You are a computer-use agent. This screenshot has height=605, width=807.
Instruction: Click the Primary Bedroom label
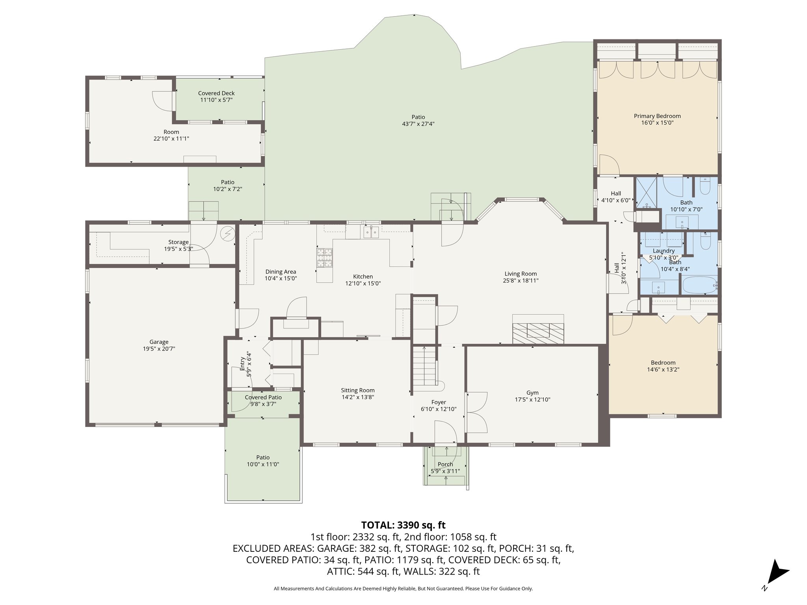pos(657,116)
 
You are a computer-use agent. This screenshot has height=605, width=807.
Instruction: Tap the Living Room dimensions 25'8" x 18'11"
pos(521,281)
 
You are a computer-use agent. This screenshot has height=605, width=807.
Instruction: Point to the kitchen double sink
pos(371,232)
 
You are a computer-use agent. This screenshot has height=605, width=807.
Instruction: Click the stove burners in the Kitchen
pos(325,258)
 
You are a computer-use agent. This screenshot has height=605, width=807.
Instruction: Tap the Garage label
pos(159,342)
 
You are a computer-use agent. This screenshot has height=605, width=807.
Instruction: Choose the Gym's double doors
pos(477,413)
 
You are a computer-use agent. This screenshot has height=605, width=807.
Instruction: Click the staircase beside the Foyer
pos(424,366)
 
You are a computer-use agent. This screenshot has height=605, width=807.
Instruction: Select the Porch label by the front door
pos(445,464)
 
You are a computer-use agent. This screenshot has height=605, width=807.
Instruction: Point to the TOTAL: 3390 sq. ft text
pos(403,525)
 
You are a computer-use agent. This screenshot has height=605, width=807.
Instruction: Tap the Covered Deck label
pos(216,93)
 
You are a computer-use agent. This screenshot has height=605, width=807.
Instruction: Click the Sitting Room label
pos(358,390)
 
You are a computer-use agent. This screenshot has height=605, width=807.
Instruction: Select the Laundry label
pos(664,251)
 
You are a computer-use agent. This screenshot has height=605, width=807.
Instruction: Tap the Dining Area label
pos(281,272)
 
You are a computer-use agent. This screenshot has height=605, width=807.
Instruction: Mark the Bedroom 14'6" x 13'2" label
pos(663,363)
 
